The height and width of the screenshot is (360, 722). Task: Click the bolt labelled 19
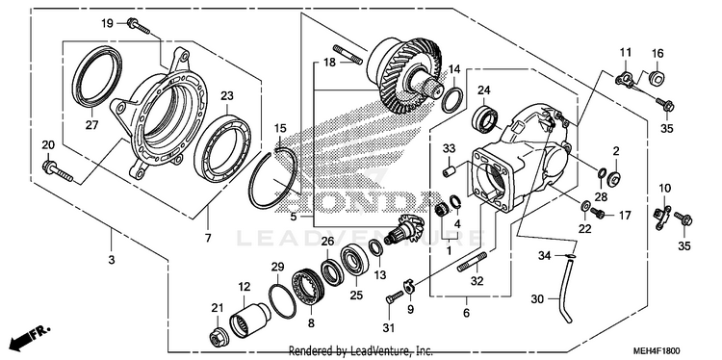pos(138,25)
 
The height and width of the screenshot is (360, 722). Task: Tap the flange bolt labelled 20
pos(57,170)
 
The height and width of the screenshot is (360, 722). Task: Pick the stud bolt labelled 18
pos(348,54)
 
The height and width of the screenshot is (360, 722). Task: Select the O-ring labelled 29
pos(281,301)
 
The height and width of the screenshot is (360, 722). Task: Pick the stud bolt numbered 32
pos(472,262)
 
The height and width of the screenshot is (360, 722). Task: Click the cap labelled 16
pos(657,78)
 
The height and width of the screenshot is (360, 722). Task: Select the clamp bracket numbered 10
pos(661,219)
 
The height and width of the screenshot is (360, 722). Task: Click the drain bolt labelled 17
pos(597,214)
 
